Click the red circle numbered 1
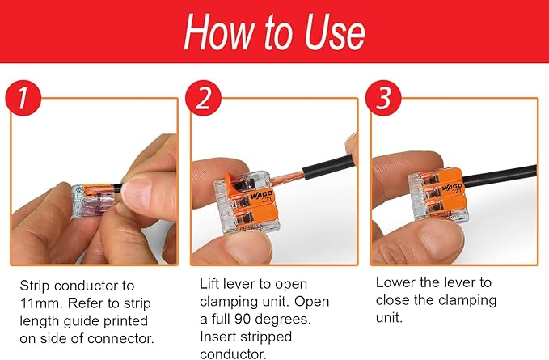23,98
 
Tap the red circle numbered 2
203,98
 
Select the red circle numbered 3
383,98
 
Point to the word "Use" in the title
335,32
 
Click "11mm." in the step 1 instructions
41,303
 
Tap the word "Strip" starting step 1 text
35,286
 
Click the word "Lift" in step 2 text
209,284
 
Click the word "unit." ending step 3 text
389,318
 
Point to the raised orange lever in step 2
231,183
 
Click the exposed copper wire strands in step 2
286,179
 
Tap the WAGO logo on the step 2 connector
261,196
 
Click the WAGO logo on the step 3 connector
452,187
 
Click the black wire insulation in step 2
329,167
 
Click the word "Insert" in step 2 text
217,337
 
